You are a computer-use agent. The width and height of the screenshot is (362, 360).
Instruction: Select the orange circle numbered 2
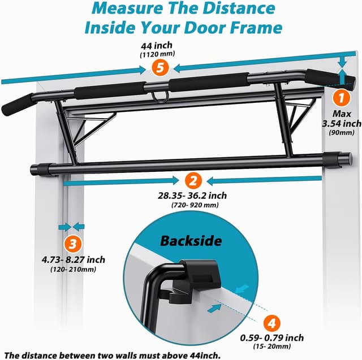click(x=193, y=181)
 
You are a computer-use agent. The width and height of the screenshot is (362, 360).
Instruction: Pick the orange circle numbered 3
click(x=71, y=244)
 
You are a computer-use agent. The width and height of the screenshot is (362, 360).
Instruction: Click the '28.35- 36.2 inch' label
click(x=193, y=196)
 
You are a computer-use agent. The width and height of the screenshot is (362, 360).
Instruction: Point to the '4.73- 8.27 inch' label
click(x=73, y=260)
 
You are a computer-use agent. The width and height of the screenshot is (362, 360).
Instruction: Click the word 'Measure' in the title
click(x=125, y=8)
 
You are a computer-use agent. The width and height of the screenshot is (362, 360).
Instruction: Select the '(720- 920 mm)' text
click(x=193, y=206)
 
